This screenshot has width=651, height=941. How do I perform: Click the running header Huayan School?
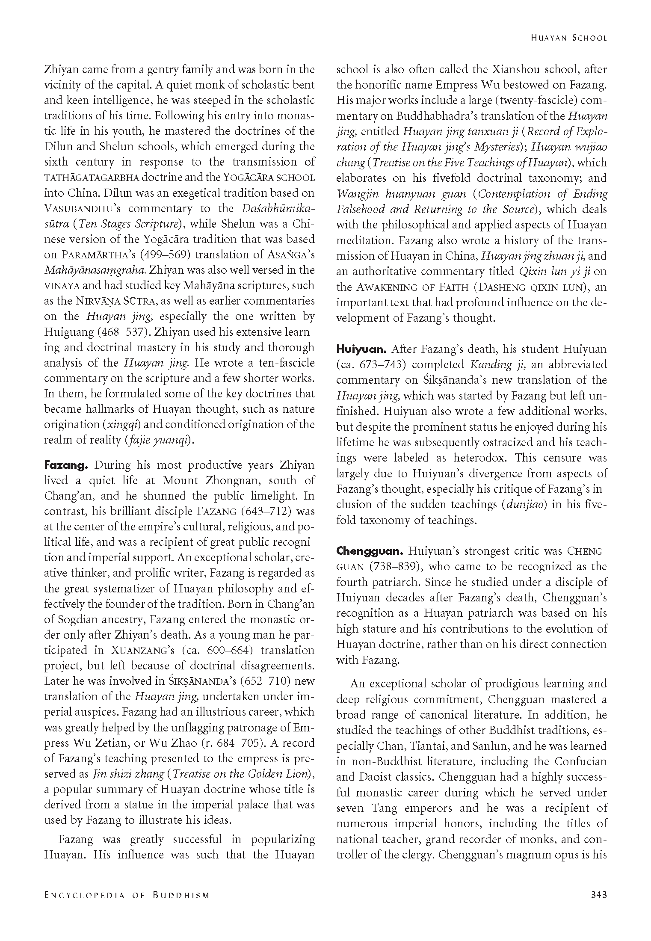coord(568,38)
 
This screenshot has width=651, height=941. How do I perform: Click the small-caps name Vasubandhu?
coord(80,209)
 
